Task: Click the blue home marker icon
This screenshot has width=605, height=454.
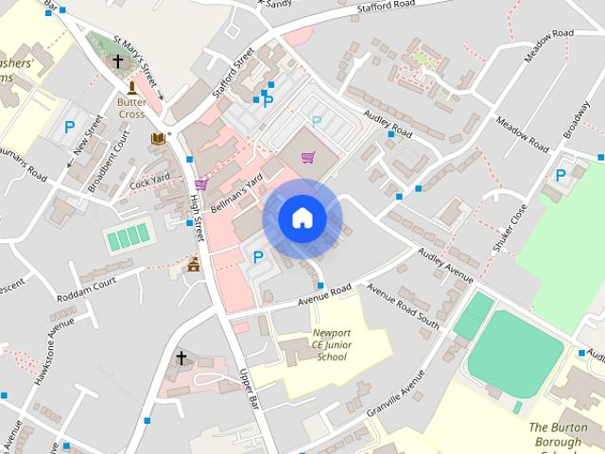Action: click(302, 218)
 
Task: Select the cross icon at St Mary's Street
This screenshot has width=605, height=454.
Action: click(118, 62)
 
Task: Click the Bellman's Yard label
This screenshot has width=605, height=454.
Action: click(236, 194)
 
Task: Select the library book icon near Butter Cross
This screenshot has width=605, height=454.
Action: click(158, 139)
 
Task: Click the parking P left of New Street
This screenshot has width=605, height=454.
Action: click(69, 126)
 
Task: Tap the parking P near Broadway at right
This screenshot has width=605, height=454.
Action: click(561, 174)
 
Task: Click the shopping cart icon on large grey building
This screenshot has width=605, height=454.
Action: click(307, 157)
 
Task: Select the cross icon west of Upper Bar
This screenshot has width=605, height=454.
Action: click(181, 358)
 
